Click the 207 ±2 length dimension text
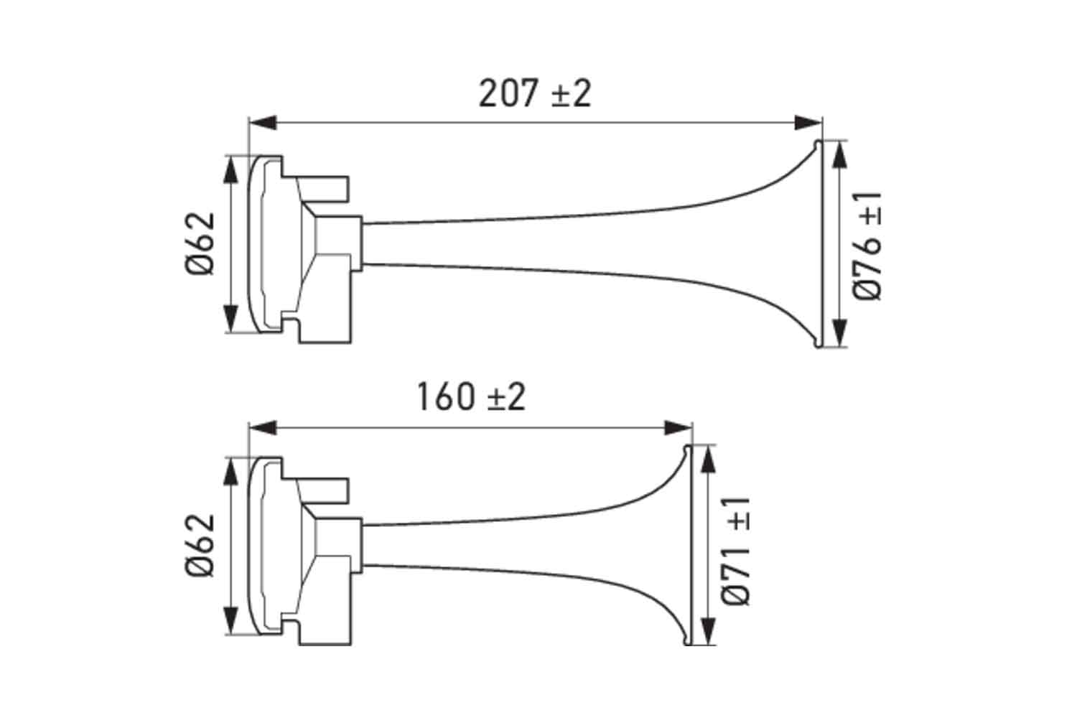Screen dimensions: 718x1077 pos(535,93)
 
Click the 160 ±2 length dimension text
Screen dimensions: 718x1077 pos(471,397)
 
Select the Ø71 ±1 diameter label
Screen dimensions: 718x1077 pos(737,550)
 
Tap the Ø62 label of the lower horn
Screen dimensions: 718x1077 pos(199,545)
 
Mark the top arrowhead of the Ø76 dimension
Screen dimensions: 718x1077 pos(838,154)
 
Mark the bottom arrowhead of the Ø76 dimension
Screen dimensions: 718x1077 pos(838,334)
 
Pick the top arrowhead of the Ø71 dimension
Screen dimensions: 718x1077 pos(707,458)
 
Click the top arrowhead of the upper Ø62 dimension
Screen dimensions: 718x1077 pos(231,169)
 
